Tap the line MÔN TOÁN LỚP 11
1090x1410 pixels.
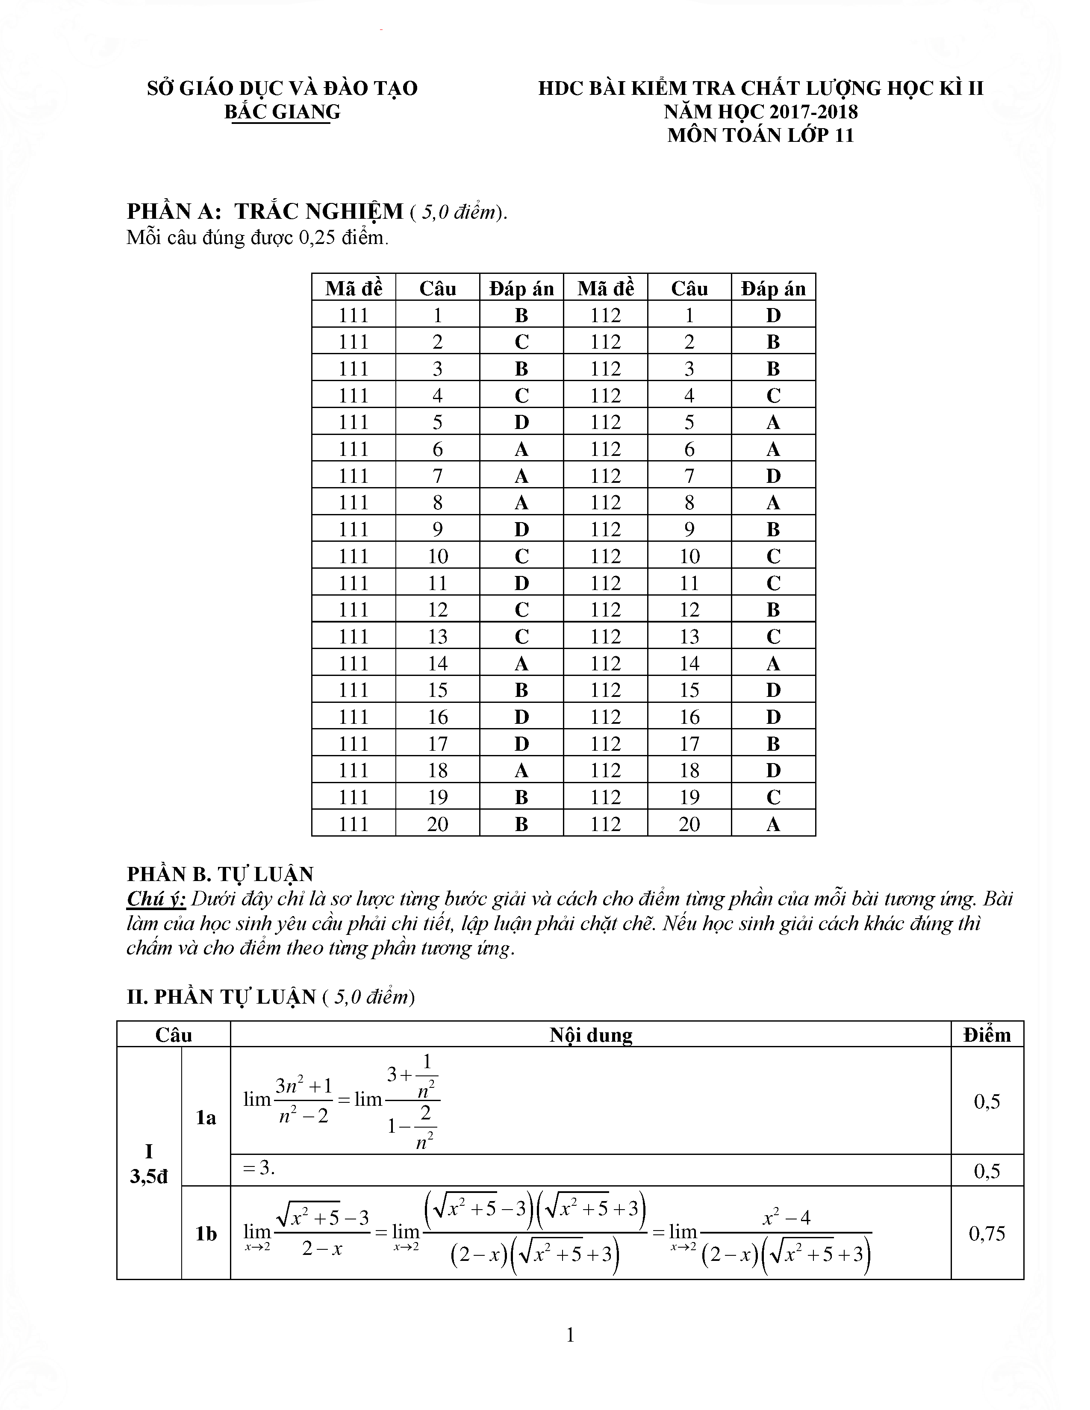[x=761, y=135]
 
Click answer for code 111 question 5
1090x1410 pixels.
[x=521, y=422]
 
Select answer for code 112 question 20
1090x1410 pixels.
[x=773, y=824]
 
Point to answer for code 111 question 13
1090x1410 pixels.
[x=521, y=637]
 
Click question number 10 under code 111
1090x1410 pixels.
[x=437, y=556]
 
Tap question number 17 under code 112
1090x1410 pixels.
[x=689, y=744]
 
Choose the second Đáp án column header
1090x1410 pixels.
[x=773, y=288]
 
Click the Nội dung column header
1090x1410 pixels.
[x=590, y=1035]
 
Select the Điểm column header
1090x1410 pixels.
[x=987, y=1035]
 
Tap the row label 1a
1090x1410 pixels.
[x=206, y=1118]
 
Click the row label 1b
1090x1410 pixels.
[x=206, y=1234]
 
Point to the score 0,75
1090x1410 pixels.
[x=987, y=1234]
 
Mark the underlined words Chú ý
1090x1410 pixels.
[x=156, y=899]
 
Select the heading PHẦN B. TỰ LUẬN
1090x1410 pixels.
[x=220, y=874]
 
